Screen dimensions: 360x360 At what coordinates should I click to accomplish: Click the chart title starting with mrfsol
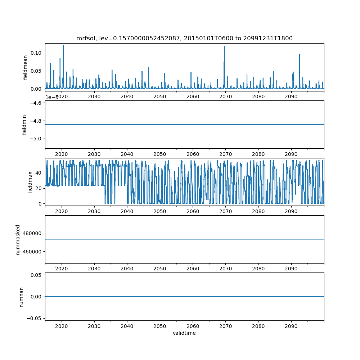[184, 38]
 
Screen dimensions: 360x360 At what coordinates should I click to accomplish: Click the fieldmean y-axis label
[26, 67]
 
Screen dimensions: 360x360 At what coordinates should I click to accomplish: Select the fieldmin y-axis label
[24, 125]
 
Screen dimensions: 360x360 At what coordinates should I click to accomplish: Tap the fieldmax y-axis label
[30, 182]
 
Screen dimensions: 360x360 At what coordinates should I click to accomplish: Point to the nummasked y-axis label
[18, 239]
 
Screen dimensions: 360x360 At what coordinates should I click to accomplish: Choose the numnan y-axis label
[21, 297]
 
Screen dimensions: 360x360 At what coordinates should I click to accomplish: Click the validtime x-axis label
[184, 333]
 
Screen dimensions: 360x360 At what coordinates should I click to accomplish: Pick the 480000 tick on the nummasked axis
[33, 233]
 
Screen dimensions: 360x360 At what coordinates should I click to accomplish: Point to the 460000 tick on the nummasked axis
[33, 251]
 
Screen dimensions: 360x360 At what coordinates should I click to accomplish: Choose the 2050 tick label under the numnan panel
[160, 326]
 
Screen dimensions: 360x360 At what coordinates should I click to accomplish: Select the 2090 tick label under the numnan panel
[291, 326]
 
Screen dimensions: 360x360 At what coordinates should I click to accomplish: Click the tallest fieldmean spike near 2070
[224, 46]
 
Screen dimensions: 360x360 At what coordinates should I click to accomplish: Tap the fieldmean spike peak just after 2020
[63, 46]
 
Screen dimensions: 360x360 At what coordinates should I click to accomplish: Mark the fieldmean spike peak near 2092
[300, 54]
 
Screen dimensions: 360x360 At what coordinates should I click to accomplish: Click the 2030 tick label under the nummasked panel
[94, 269]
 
